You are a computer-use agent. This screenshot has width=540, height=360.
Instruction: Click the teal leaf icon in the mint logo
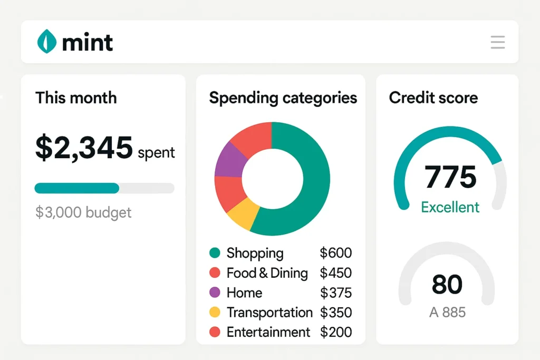46,42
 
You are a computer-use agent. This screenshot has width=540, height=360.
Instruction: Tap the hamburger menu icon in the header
497,42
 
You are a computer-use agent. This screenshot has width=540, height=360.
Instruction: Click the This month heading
76,98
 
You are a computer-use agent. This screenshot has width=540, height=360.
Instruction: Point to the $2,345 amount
84,148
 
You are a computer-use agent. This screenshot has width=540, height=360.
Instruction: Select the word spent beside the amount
156,153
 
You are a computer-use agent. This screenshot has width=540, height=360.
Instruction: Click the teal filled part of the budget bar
77,188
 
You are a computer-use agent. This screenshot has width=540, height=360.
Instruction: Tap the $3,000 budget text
83,212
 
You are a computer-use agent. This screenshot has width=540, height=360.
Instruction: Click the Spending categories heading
283,98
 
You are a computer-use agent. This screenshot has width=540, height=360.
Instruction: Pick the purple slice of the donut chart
230,160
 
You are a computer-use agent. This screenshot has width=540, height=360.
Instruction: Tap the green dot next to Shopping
215,253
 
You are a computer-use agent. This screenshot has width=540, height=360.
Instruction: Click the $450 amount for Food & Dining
335,273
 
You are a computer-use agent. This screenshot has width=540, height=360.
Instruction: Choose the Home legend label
244,293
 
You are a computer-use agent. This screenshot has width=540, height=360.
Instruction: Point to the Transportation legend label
269,313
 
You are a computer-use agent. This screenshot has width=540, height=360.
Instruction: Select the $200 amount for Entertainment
335,332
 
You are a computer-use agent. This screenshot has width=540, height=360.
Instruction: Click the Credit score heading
433,98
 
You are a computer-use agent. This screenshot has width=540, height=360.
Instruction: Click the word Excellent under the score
450,207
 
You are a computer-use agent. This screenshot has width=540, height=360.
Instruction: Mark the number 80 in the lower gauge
447,285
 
